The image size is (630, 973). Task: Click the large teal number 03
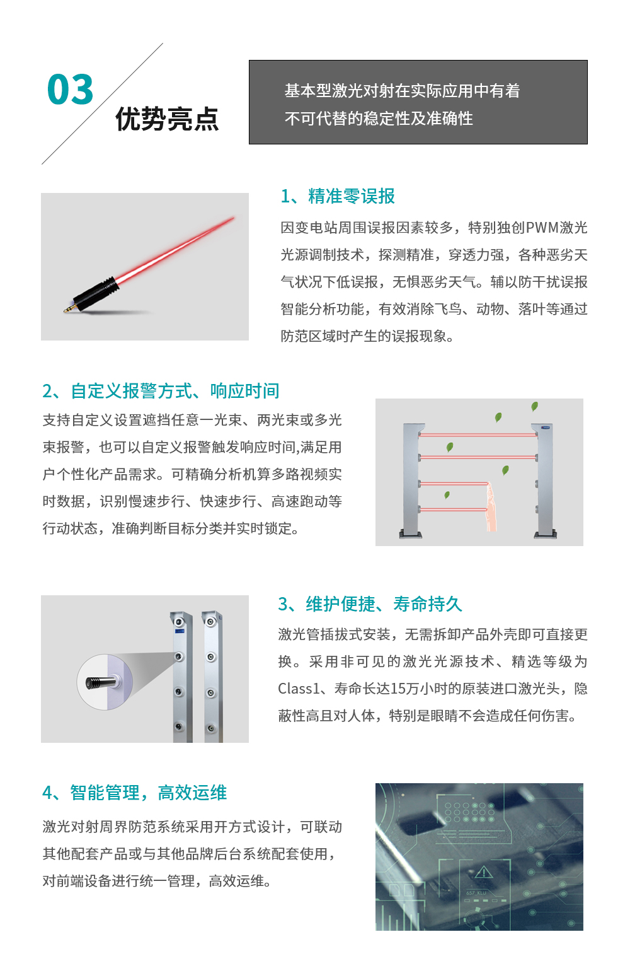[x=70, y=89]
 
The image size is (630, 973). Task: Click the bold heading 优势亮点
[x=167, y=119]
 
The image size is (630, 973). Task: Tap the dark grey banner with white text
[x=418, y=102]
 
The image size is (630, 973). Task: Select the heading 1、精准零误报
[x=338, y=196]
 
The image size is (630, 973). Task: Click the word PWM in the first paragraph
[x=542, y=228]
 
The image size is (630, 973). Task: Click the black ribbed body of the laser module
[x=96, y=292]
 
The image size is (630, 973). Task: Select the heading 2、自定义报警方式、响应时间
[x=161, y=391]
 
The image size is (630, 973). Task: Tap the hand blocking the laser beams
[x=491, y=507]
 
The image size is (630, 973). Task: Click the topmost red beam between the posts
[x=478, y=434]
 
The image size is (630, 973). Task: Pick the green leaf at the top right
[x=534, y=407]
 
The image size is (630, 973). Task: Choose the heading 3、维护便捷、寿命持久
[x=370, y=603]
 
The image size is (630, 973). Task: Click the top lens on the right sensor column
[x=211, y=622]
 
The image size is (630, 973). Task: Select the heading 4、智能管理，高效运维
[x=134, y=793]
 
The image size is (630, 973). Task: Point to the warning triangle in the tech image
[x=483, y=872]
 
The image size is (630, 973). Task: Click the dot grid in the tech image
[x=469, y=812]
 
